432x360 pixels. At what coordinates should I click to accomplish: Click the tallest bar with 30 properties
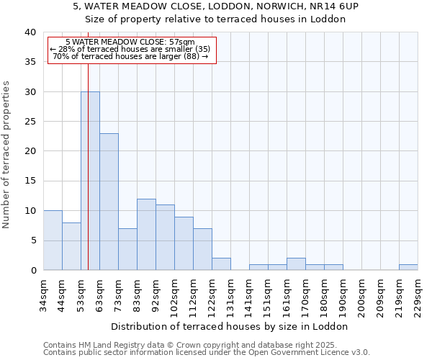pos(90,181)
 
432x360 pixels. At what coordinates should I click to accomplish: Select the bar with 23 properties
pos(109,202)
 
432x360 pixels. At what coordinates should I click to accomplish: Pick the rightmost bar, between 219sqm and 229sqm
pos(408,267)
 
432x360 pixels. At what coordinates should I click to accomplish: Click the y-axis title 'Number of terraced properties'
pos(6,155)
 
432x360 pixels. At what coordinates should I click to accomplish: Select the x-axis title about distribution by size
pos(230,326)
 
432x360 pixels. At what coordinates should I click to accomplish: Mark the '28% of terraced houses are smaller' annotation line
pos(130,49)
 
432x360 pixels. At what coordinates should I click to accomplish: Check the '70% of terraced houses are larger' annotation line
pos(130,56)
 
